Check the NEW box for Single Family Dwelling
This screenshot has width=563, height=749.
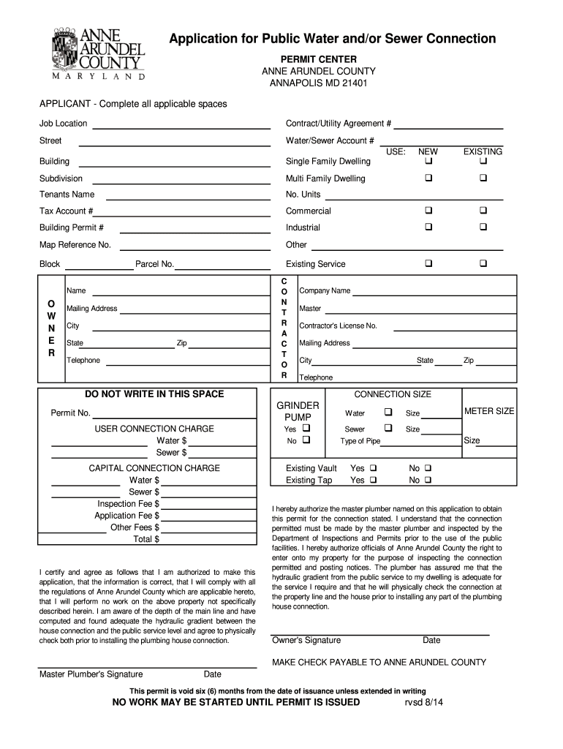428,161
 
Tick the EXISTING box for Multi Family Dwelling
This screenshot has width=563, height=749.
483,178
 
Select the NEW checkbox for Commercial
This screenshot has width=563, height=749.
428,211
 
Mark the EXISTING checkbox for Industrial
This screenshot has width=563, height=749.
483,227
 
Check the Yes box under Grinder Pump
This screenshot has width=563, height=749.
306,429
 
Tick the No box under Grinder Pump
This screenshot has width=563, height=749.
306,441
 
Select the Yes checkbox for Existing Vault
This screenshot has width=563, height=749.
373,468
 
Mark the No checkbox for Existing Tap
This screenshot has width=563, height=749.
428,481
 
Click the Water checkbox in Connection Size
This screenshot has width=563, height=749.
388,413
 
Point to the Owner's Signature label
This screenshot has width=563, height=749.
306,640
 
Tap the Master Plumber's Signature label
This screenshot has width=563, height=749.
91,674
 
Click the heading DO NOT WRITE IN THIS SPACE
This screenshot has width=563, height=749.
154,394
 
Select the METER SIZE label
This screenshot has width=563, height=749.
489,411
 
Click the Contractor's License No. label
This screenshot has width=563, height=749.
338,325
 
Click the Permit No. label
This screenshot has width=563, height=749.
70,413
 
